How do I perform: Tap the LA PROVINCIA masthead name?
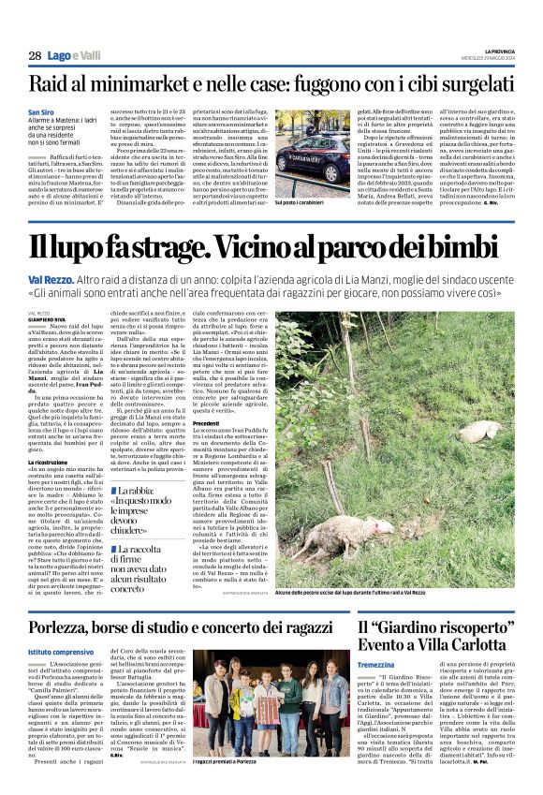point(492,51)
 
